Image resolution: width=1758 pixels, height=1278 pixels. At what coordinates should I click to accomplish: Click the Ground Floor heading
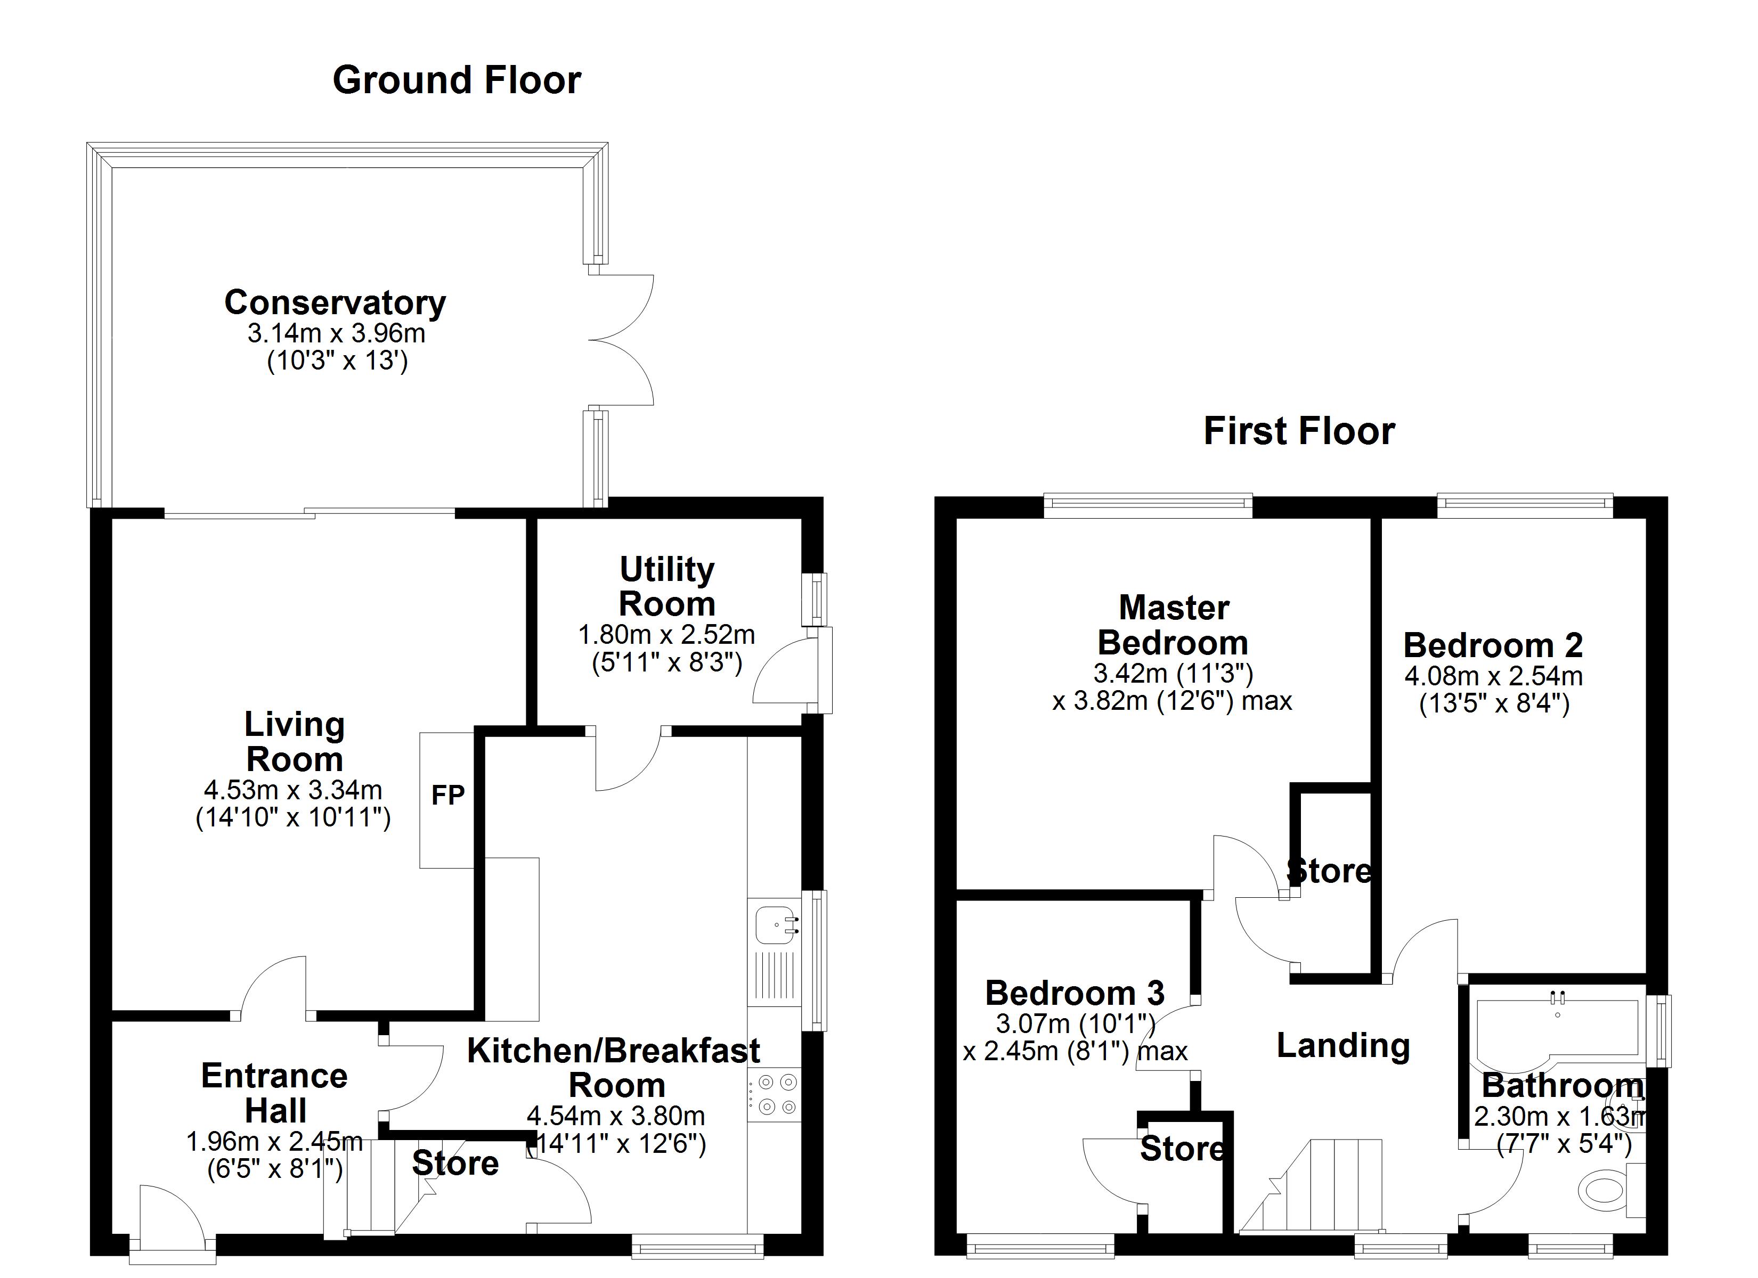point(457,80)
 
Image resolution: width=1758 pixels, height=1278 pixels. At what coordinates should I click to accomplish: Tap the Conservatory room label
point(335,303)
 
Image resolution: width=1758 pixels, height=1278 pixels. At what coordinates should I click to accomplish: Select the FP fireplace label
point(447,795)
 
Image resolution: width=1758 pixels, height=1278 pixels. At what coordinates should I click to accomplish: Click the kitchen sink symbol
point(776,924)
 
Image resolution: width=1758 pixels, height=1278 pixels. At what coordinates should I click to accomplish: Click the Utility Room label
point(666,587)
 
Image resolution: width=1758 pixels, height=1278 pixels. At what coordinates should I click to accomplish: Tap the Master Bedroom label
point(1174,626)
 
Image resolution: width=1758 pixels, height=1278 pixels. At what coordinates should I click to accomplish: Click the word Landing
point(1342,1046)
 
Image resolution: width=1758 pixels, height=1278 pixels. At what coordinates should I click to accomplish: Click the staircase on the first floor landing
point(1318,1186)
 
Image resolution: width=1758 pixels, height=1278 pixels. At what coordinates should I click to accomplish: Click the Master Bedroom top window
point(1148,504)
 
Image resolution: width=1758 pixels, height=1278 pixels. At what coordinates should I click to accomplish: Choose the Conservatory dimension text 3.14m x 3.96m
point(336,334)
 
